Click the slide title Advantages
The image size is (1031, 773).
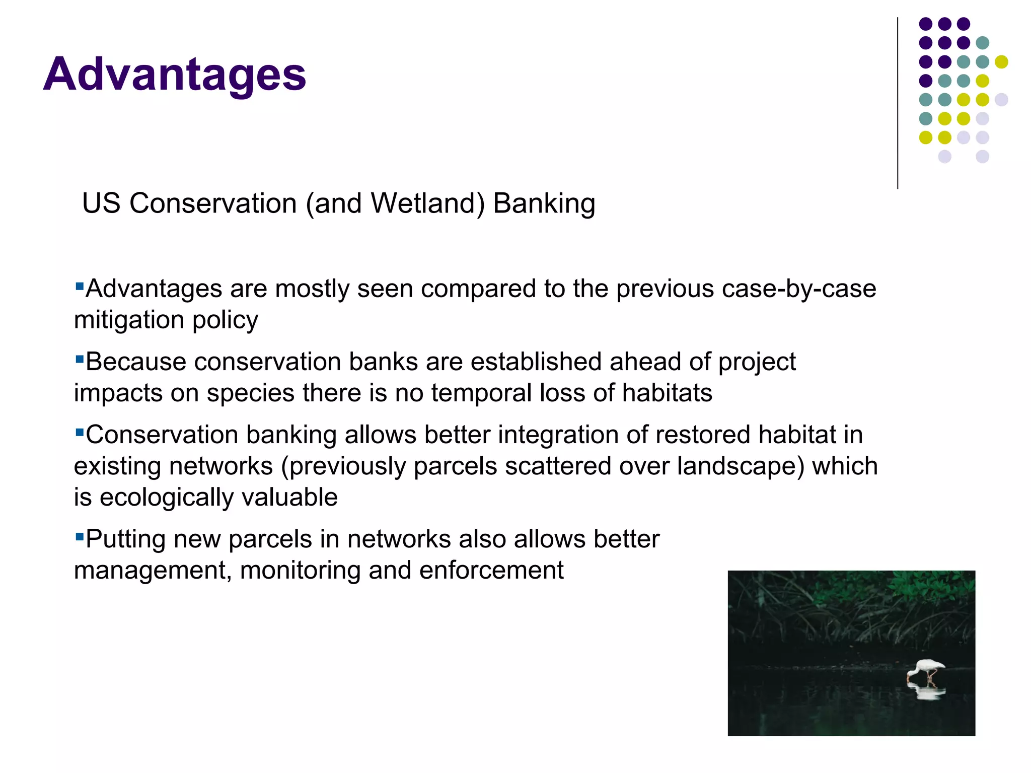[x=175, y=74]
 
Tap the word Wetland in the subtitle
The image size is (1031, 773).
[x=427, y=203]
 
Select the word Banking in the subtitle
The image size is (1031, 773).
[x=544, y=203]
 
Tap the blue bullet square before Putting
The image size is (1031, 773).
[x=79, y=536]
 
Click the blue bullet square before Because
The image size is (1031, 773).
[x=79, y=359]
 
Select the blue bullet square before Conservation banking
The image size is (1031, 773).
[x=79, y=432]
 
